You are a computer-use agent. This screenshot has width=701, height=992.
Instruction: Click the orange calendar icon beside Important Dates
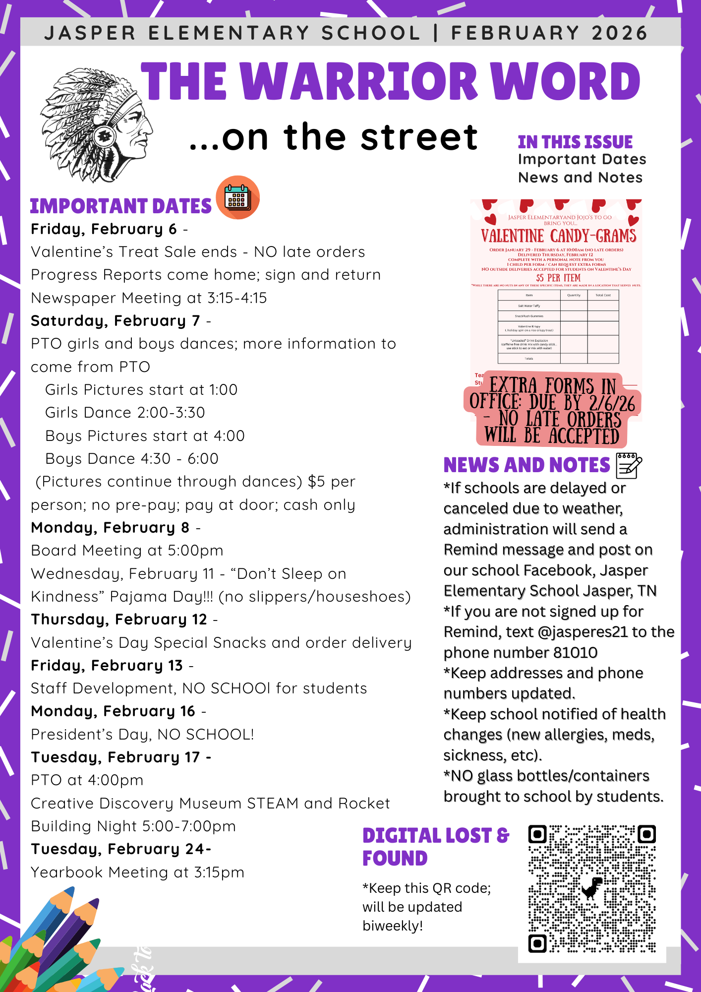tap(238, 197)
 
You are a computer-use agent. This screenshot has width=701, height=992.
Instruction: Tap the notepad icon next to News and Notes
tap(629, 465)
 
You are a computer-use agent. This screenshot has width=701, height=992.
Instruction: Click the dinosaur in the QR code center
tap(592, 888)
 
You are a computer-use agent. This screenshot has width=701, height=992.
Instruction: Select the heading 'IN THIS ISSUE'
tap(575, 142)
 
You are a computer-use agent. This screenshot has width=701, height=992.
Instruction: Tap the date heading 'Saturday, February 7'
tap(116, 321)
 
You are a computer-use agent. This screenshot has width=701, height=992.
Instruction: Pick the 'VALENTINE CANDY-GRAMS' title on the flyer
tap(558, 236)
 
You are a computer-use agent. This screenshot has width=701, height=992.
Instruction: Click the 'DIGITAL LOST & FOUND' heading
tap(435, 847)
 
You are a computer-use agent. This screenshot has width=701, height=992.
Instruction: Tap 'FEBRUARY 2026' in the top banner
tap(549, 33)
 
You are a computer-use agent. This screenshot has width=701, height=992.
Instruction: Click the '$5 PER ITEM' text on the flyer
tap(558, 278)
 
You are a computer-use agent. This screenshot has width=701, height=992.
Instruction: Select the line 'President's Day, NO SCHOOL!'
tap(142, 734)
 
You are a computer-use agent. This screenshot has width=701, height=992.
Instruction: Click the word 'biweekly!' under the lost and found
tap(393, 926)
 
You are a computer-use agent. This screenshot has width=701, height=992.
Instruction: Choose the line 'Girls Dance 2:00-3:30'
tap(125, 413)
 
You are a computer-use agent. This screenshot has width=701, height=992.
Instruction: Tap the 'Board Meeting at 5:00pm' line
tap(127, 551)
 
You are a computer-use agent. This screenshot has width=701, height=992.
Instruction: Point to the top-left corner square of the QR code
tap(537, 834)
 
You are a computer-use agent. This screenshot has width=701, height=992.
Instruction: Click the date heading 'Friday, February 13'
tap(107, 666)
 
